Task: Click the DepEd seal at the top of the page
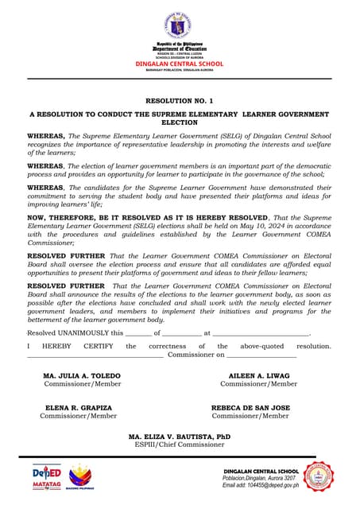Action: point(180,25)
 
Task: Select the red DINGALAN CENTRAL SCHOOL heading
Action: point(180,64)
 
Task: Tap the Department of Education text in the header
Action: point(180,49)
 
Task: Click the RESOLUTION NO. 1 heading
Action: point(180,102)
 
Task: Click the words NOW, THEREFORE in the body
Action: point(59,216)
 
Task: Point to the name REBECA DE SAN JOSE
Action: point(250,407)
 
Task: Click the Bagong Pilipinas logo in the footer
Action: point(79,479)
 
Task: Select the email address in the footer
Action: point(261,485)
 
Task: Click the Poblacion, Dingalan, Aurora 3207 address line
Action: point(261,478)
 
